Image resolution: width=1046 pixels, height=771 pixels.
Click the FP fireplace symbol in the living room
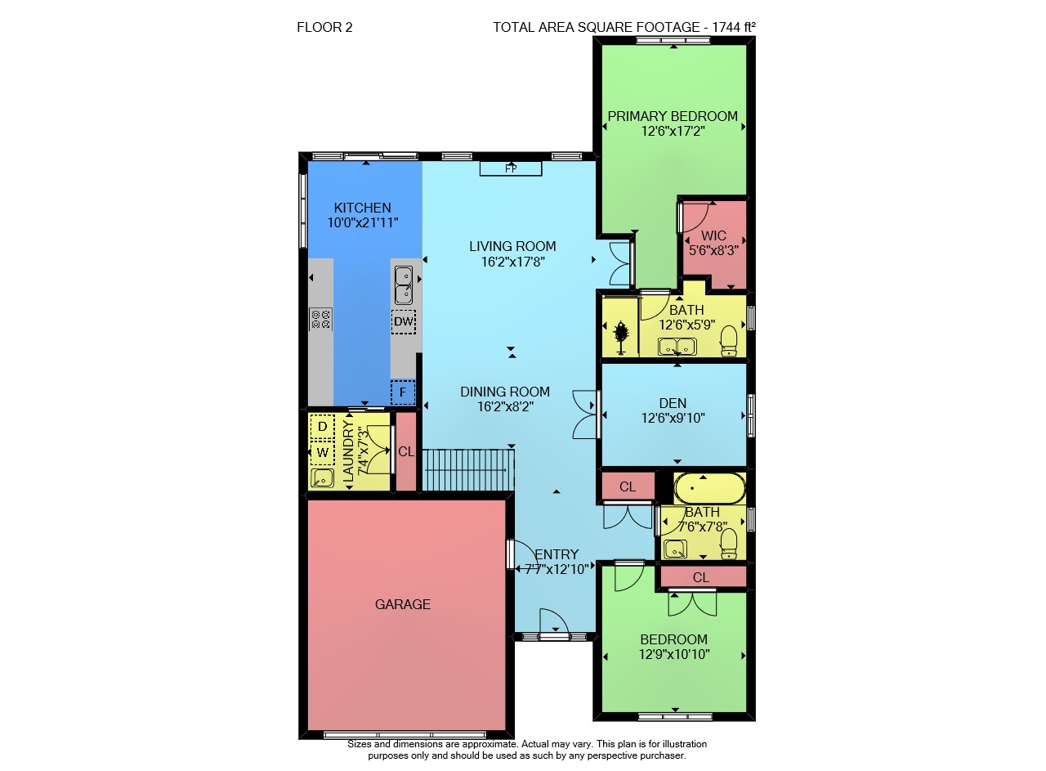click(511, 168)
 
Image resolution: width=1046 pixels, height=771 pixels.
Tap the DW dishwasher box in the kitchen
click(404, 321)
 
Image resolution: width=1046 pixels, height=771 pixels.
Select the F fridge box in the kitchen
click(403, 392)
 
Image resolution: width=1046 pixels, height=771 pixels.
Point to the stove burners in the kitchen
click(320, 319)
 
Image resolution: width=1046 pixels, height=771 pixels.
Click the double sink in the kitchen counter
click(404, 285)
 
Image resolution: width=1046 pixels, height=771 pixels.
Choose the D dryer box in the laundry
click(322, 427)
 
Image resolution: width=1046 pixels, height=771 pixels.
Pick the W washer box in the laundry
click(322, 453)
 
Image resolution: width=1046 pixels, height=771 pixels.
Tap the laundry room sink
click(322, 478)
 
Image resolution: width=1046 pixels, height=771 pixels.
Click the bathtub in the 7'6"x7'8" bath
click(709, 488)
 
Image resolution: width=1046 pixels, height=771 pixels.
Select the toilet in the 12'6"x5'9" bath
click(728, 341)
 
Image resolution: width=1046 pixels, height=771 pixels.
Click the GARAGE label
click(403, 604)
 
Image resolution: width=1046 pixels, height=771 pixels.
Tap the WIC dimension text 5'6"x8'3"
click(713, 251)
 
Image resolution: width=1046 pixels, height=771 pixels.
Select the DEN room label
click(673, 403)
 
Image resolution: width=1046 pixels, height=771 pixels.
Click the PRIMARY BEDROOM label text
click(673, 116)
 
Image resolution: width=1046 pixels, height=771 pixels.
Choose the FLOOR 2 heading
click(324, 28)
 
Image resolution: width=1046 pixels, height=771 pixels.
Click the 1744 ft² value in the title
click(734, 27)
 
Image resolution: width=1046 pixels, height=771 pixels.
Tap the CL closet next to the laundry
click(406, 451)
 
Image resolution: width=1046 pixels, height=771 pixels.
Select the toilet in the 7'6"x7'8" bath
click(728, 544)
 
